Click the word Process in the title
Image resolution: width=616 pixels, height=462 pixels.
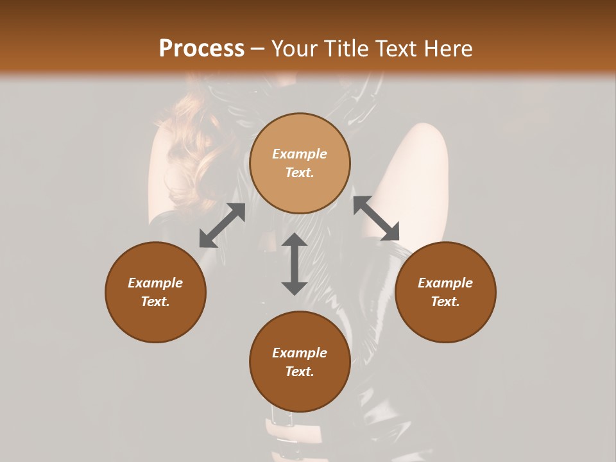coord(201,48)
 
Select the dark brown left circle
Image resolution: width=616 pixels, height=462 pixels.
coord(155,292)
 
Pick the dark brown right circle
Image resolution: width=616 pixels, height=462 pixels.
coord(445,292)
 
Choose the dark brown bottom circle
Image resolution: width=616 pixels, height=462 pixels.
coord(300,362)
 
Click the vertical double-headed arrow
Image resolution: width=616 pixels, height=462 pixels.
coord(295,264)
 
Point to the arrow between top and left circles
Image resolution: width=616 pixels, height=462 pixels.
coord(222,225)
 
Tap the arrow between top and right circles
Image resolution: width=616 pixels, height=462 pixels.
coord(377,218)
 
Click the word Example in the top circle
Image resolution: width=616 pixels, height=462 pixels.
coord(300,154)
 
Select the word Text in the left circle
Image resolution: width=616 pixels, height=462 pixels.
coord(155,302)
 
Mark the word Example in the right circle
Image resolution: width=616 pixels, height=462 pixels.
coord(445,283)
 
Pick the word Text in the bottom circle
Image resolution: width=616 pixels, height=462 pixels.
coord(300,372)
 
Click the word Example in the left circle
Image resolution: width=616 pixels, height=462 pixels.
coord(155,283)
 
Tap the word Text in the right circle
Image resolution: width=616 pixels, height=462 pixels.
coord(445,302)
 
